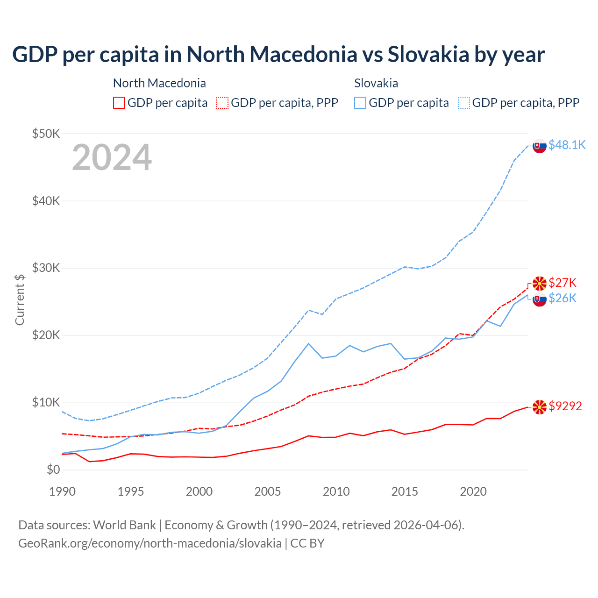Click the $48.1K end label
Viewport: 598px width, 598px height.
[x=567, y=145]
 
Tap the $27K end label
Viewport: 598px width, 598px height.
[x=562, y=283]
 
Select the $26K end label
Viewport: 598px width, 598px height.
[x=562, y=298]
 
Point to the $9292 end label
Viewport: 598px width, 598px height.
[x=565, y=406]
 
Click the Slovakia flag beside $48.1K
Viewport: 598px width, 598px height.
[x=540, y=146]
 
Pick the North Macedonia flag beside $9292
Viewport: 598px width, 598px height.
[x=540, y=407]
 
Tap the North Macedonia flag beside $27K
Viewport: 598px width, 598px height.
[x=540, y=283]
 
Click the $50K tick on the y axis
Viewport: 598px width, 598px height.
[x=46, y=134]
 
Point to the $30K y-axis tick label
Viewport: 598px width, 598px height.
[x=46, y=268]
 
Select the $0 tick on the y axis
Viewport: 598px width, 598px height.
[x=53, y=470]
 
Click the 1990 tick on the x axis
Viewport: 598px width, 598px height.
[x=62, y=491]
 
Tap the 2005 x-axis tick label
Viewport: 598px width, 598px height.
[x=268, y=491]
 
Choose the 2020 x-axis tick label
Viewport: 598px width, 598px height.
[x=473, y=491]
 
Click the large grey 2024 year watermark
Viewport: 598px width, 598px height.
[x=112, y=158]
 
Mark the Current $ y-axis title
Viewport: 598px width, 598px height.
[x=20, y=299]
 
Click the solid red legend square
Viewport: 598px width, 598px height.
[x=119, y=103]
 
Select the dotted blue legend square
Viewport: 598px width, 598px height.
[x=464, y=103]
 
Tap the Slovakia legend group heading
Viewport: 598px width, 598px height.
[x=376, y=83]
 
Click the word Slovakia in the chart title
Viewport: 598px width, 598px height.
[x=428, y=54]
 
